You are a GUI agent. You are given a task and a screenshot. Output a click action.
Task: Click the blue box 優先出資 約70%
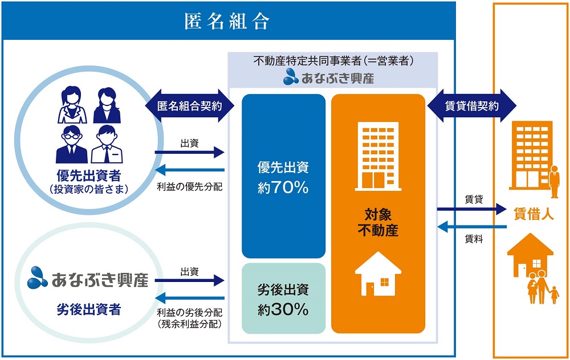pos(283,177)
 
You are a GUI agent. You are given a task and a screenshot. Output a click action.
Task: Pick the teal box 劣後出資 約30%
pos(283,298)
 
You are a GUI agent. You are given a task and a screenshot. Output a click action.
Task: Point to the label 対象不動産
pos(377,223)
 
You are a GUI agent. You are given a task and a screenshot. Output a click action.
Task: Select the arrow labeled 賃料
pos(472,227)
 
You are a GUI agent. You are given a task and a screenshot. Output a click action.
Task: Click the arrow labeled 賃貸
pos(472,209)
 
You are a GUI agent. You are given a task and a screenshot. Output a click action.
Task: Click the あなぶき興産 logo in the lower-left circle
pos(88,280)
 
